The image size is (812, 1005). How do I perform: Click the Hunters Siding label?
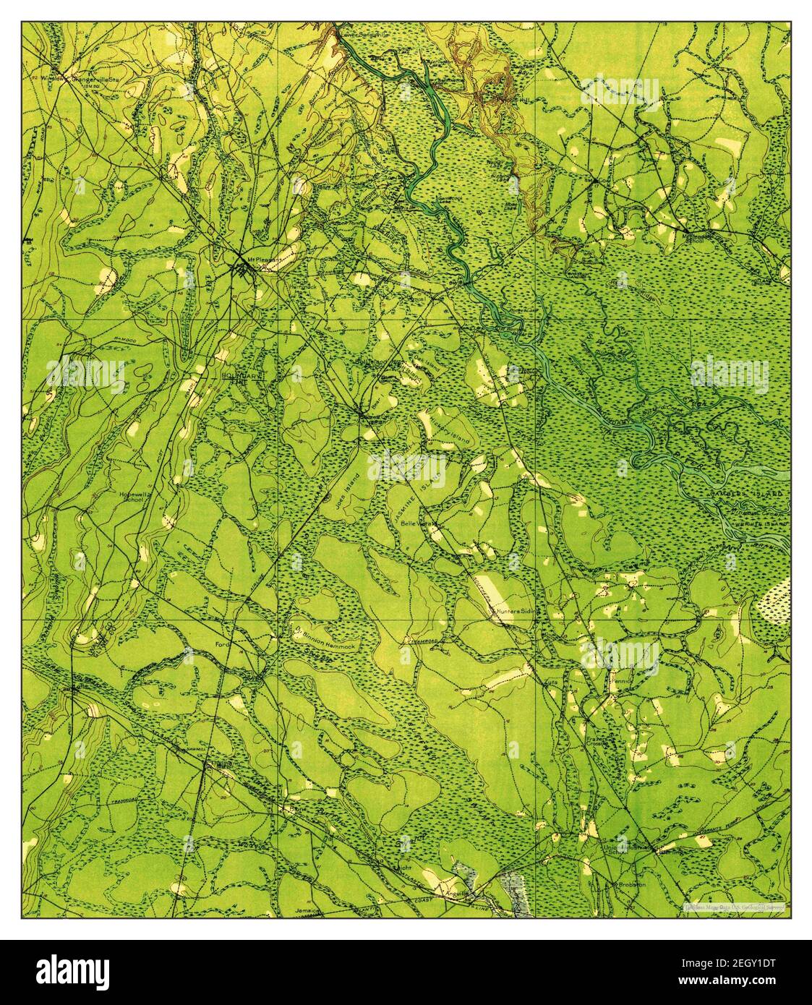tap(518, 612)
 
